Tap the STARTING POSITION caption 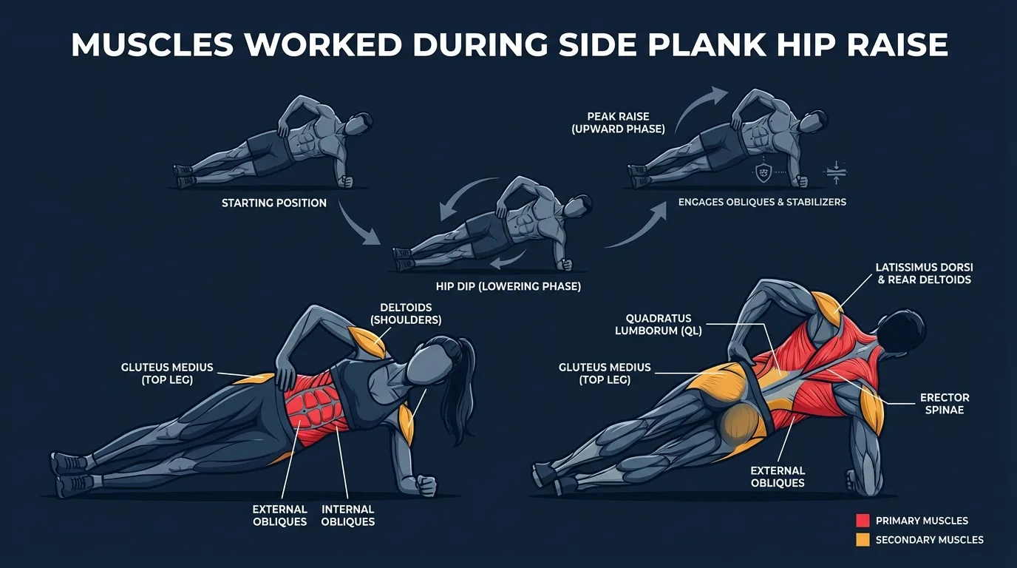coord(274,203)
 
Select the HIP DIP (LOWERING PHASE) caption coord(509,286)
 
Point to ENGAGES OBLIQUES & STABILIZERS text coord(762,202)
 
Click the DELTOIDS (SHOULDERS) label coord(406,314)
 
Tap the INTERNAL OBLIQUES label coord(348,515)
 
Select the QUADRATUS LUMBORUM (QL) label coord(658,325)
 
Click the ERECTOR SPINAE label coord(945,404)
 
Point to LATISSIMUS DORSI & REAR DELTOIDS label coord(922,273)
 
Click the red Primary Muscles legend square coord(862,521)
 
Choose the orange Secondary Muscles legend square coord(862,540)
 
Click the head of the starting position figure coord(361,123)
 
